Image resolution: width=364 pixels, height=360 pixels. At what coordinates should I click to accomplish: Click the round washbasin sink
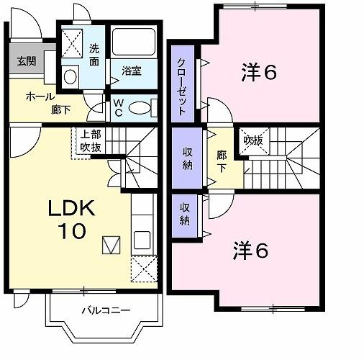point(70,76)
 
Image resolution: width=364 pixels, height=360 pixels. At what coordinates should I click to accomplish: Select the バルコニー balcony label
point(105,310)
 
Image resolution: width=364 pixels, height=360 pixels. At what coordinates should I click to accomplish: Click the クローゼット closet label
point(182,87)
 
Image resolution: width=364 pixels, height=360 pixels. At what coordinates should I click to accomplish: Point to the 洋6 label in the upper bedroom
point(259,72)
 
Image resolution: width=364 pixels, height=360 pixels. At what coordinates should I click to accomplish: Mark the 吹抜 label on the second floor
point(252,140)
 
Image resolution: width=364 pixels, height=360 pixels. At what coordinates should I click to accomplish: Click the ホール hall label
point(35,96)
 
